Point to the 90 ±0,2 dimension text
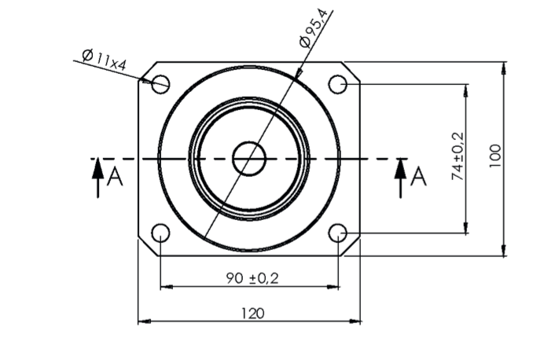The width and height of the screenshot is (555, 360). (252, 277)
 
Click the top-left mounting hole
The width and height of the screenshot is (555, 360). (160, 83)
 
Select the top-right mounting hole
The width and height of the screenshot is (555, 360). (337, 83)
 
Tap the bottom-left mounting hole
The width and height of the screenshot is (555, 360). (160, 233)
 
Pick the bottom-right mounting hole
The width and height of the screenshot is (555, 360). (337, 233)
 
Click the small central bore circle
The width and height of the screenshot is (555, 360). (249, 158)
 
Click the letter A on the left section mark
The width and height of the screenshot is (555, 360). (115, 177)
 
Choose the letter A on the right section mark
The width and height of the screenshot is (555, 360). (419, 177)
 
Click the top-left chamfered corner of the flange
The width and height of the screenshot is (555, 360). (145, 70)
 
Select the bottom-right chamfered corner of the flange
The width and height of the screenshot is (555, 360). (353, 247)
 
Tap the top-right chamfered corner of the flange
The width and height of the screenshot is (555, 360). (353, 70)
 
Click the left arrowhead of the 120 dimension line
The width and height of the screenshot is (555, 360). (142, 321)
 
